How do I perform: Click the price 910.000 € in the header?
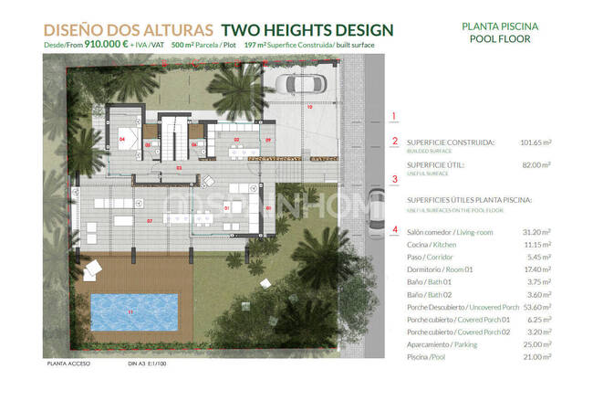coord(104,44)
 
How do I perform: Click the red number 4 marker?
coord(394,229)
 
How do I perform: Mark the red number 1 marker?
coord(394,116)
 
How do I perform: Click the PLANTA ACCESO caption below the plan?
coord(67,364)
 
